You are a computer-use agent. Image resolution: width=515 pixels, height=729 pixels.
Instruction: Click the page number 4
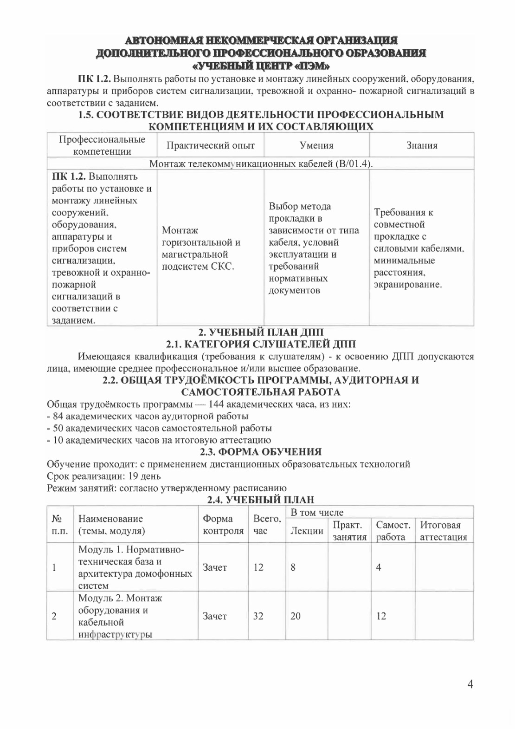point(470,684)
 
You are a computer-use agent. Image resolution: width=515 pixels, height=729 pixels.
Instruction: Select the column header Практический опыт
point(210,146)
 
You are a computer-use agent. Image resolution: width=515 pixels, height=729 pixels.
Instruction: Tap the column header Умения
point(316,146)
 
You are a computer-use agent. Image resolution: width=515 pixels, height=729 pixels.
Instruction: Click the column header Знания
point(422,146)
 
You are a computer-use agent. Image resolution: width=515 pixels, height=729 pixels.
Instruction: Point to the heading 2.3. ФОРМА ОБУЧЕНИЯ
point(260,452)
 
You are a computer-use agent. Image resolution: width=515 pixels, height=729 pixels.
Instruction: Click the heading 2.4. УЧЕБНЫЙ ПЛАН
point(260,500)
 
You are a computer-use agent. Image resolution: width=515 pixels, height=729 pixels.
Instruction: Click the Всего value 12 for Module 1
point(258,567)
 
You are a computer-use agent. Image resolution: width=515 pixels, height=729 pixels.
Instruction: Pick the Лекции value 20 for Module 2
point(296,616)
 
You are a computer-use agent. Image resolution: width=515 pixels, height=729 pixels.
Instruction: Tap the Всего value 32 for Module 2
point(258,616)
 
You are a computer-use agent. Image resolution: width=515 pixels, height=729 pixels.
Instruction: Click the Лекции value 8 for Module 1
point(293,567)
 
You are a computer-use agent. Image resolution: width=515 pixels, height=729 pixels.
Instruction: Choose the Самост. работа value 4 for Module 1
point(379,567)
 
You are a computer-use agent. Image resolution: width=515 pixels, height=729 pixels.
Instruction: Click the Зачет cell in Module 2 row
point(214,616)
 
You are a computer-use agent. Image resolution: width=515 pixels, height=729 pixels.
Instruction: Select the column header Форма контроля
point(223,525)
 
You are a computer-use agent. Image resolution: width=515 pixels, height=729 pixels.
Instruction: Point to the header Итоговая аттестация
point(443,531)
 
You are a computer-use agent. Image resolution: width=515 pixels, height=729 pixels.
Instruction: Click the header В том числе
point(317,513)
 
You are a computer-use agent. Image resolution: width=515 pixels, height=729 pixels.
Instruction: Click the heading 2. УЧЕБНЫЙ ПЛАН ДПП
point(261,332)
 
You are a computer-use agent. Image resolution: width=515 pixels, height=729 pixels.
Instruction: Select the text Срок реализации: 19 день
point(104,476)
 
